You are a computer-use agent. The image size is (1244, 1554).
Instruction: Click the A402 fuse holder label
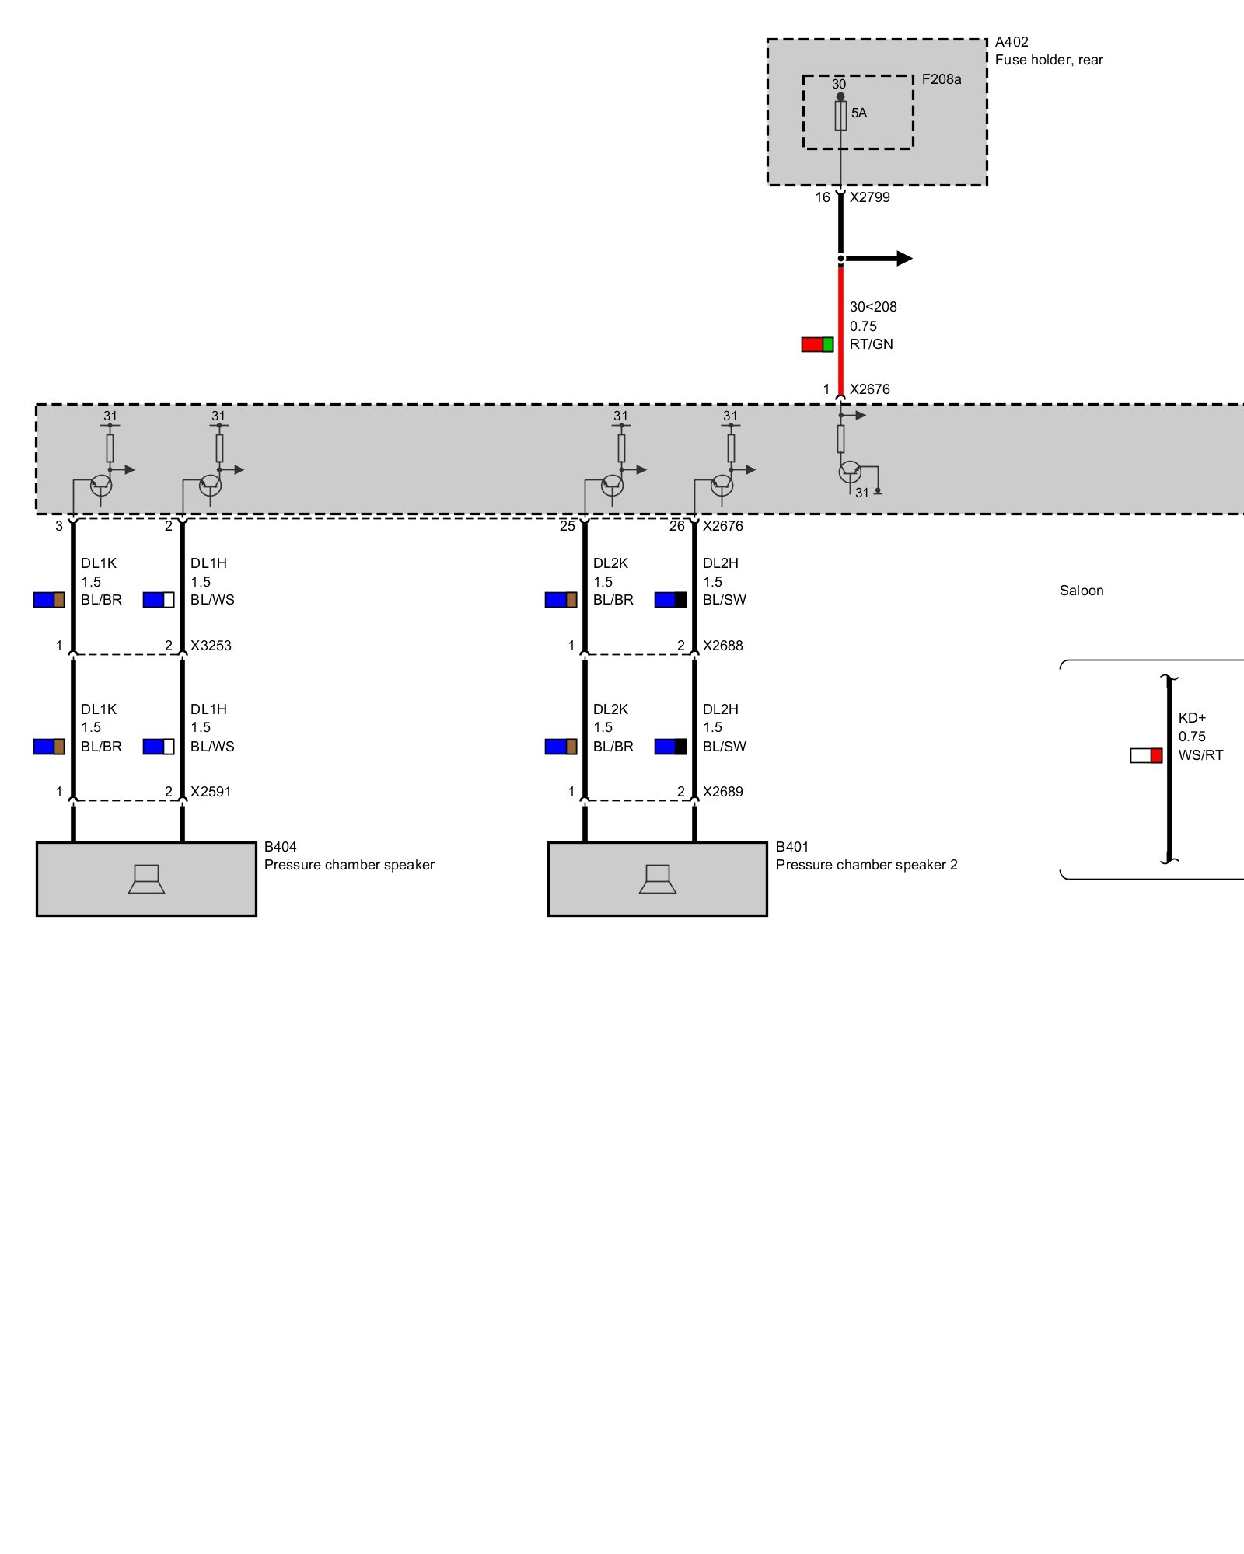(1011, 42)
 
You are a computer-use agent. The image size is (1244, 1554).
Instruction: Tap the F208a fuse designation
(941, 79)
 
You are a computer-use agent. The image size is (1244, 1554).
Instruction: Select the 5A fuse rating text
(858, 113)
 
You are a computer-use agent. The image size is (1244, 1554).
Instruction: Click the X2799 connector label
(869, 197)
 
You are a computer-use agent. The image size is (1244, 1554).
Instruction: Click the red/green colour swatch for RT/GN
(817, 344)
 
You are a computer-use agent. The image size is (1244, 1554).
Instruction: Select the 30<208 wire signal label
(872, 307)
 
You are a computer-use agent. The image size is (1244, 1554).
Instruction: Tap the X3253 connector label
(211, 646)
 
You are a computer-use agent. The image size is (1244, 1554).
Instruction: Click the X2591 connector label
(210, 792)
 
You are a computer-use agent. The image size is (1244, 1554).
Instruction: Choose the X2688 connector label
(722, 646)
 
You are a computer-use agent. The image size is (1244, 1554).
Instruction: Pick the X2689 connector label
(722, 792)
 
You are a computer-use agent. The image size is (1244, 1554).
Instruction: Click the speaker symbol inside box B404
(146, 879)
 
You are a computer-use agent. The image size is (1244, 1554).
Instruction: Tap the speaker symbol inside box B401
(658, 879)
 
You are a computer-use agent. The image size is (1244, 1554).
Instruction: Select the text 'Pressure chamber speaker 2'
(866, 865)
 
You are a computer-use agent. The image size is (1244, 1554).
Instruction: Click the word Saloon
(1081, 591)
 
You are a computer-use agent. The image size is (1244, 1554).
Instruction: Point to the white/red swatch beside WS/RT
(1145, 755)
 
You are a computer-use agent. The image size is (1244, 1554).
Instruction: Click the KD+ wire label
(1191, 718)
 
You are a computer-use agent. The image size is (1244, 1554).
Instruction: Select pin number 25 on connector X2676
(567, 526)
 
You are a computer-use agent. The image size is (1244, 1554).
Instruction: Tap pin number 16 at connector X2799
(823, 197)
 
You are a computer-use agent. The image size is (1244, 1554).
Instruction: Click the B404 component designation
(280, 847)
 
